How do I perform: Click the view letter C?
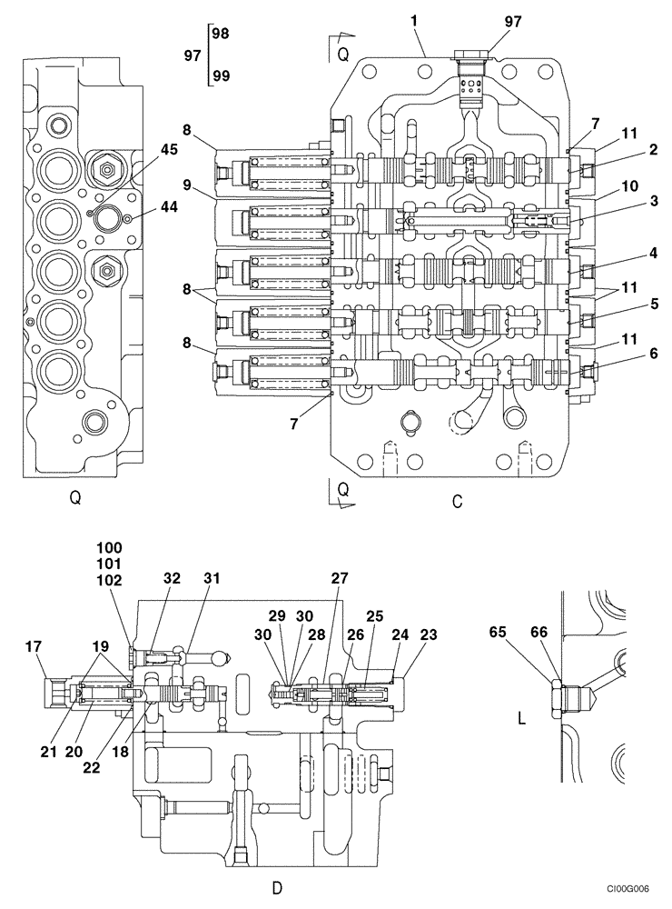[457, 501]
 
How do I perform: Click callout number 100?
[108, 547]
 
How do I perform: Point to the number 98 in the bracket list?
[219, 33]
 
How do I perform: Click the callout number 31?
[212, 577]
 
